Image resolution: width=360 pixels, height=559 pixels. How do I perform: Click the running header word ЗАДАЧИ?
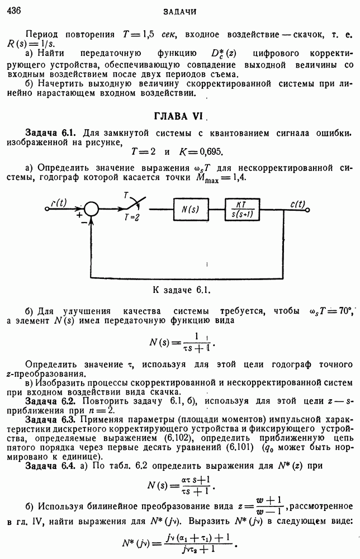(179, 11)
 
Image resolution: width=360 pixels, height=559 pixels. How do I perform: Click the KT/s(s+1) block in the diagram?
(246, 210)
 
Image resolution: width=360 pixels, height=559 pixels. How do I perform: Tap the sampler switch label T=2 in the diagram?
(132, 219)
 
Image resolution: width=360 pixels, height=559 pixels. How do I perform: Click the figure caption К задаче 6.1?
(180, 290)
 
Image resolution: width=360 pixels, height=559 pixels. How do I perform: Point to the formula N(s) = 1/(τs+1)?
(182, 340)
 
